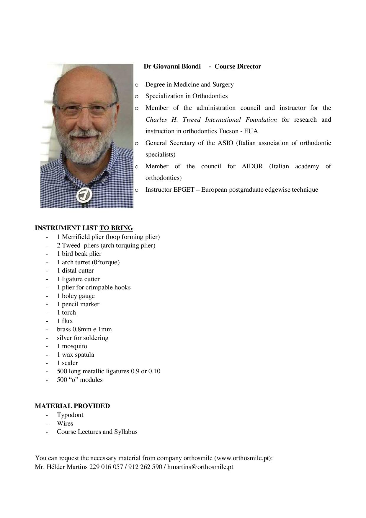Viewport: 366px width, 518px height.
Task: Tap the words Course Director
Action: (x=238, y=66)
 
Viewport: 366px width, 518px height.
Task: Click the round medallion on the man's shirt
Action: (x=84, y=195)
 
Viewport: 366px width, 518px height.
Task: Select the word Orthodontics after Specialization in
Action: (x=210, y=96)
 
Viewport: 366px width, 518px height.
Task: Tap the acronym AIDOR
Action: (x=252, y=166)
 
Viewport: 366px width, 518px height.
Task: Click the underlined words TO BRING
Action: (x=116, y=228)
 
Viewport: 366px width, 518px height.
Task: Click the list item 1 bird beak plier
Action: (x=79, y=254)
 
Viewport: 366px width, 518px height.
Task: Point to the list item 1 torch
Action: (x=66, y=312)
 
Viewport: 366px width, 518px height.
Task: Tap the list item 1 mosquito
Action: (x=72, y=346)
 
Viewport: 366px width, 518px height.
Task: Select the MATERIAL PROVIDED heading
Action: (x=72, y=406)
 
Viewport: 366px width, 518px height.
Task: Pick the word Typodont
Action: (x=70, y=415)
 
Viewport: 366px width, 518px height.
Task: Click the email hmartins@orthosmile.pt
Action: (x=200, y=467)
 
